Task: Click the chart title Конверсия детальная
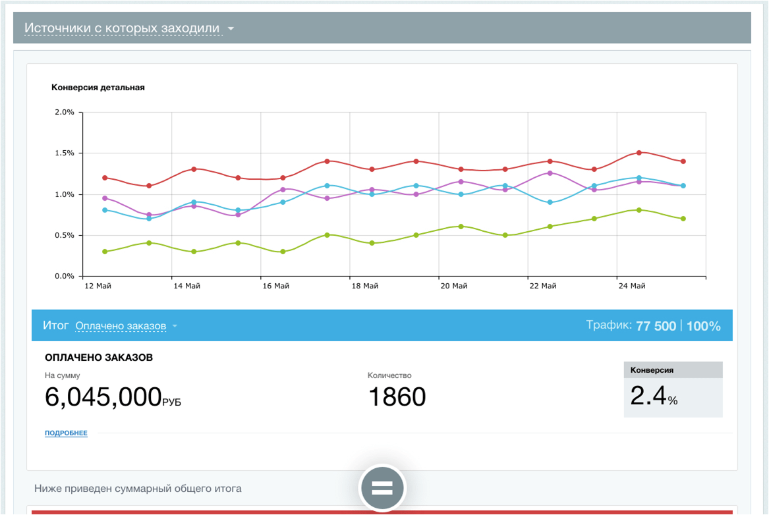[x=98, y=88]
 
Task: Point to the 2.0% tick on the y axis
[x=64, y=112]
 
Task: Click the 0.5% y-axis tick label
[x=64, y=235]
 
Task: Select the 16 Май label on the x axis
[x=275, y=286]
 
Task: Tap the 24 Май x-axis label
[x=632, y=286]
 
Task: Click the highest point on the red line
[x=639, y=153]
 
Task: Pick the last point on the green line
[x=683, y=219]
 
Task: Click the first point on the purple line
[x=105, y=198]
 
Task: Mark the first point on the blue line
[x=105, y=210]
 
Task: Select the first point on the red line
[x=105, y=178]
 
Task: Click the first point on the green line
[x=105, y=252]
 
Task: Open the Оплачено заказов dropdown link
[x=121, y=326]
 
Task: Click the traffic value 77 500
[x=656, y=326]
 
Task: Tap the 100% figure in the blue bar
[x=703, y=326]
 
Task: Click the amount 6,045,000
[x=103, y=397]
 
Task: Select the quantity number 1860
[x=397, y=397]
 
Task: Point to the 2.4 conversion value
[x=648, y=395]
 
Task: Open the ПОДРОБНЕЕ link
[x=66, y=433]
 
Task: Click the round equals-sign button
[x=382, y=488]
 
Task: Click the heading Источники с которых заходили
[x=122, y=28]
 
